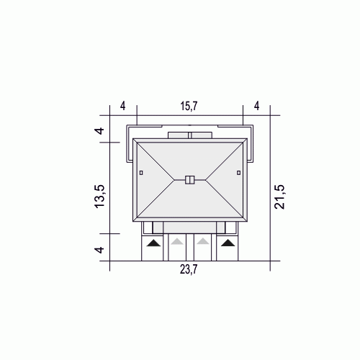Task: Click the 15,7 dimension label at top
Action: [189, 106]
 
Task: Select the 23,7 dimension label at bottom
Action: [189, 269]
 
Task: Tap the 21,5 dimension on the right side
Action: [279, 197]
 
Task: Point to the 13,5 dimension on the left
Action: [99, 196]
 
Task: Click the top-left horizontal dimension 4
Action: [122, 106]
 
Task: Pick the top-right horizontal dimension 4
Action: [257, 106]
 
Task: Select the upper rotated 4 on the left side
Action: [99, 131]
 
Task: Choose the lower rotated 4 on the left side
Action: [99, 250]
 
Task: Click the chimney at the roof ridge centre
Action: [190, 180]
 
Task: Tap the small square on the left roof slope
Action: [141, 173]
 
